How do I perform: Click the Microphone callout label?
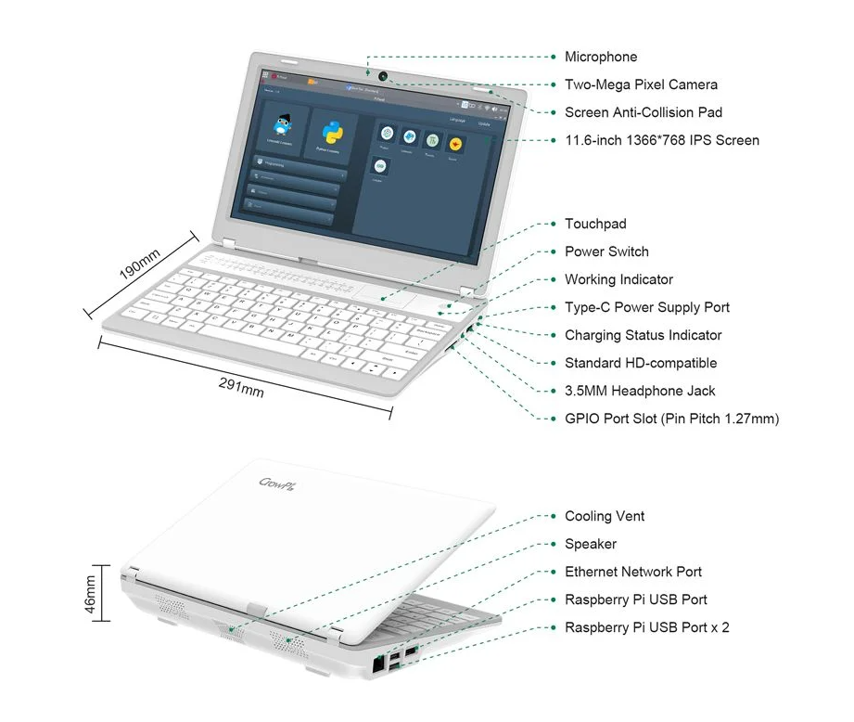(601, 57)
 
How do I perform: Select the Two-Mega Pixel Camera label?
(641, 84)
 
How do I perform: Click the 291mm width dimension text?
(241, 386)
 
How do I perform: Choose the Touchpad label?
(595, 224)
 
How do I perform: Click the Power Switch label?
(606, 251)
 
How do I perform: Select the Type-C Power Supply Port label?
(646, 307)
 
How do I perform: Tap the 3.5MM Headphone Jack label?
(640, 391)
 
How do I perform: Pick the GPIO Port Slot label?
(671, 419)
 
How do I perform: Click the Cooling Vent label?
(605, 516)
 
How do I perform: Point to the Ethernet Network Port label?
(633, 572)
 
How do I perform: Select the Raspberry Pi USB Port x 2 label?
(646, 627)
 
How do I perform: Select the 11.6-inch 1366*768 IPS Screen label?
(662, 140)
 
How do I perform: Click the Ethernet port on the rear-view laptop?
(377, 664)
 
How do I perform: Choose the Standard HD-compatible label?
(641, 363)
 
